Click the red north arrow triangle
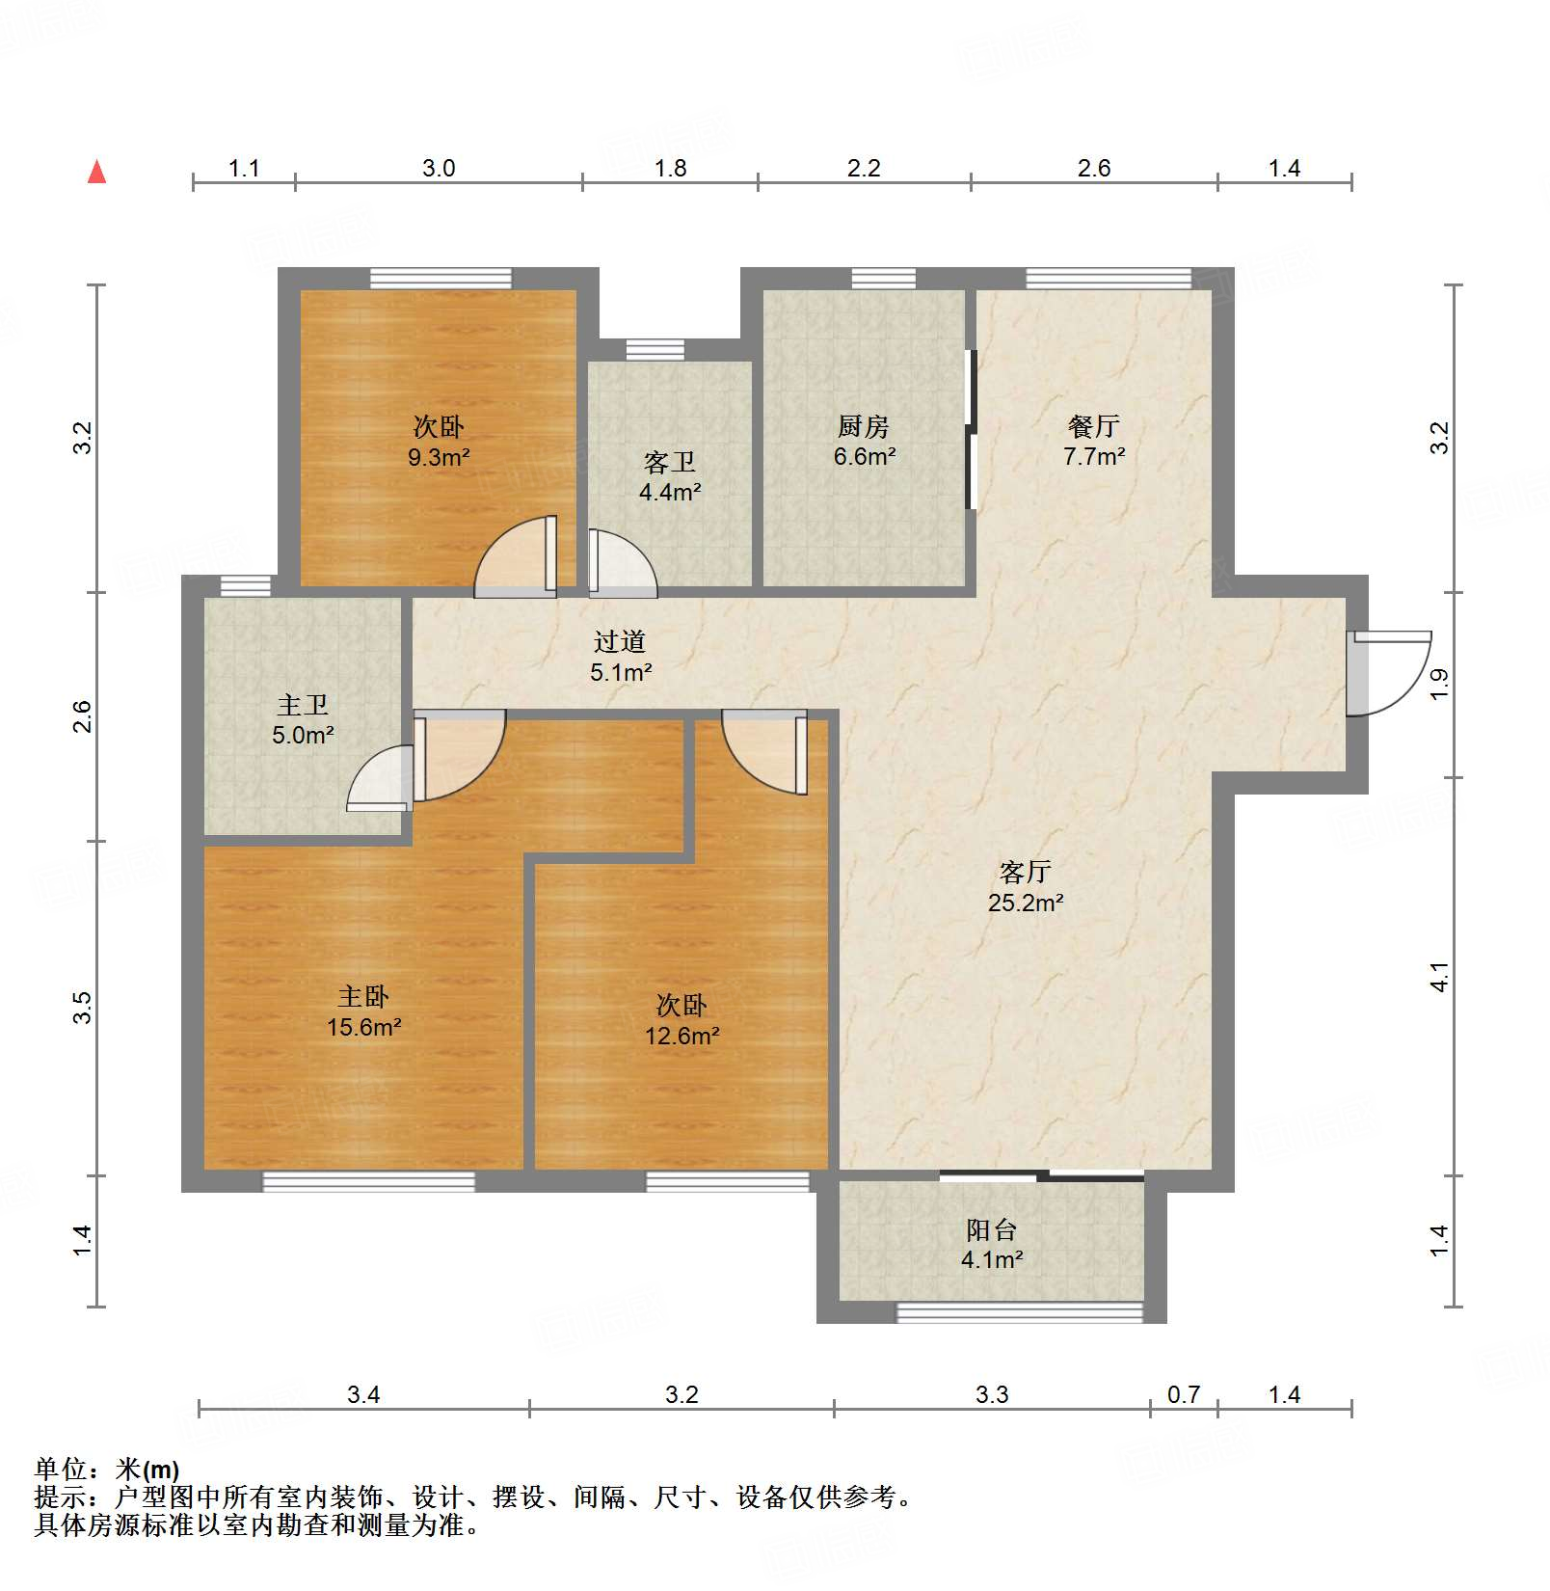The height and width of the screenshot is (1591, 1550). [x=96, y=173]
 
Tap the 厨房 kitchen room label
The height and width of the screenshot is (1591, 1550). [x=863, y=426]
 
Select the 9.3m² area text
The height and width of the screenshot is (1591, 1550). [x=439, y=457]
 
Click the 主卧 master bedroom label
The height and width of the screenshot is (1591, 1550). [x=363, y=996]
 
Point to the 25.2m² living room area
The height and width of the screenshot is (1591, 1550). [x=1025, y=903]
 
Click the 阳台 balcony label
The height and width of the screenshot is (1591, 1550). [x=991, y=1229]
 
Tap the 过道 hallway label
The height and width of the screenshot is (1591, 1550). [x=619, y=641]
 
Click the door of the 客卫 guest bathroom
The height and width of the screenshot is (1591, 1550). [x=622, y=564]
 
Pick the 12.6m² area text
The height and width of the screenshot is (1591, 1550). [x=681, y=1037]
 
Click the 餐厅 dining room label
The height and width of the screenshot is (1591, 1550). [x=1093, y=426]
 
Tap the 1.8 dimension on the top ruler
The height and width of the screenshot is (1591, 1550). [x=670, y=169]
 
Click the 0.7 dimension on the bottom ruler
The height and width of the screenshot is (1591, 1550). [x=1183, y=1394]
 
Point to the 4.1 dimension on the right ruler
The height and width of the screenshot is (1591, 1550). [x=1439, y=977]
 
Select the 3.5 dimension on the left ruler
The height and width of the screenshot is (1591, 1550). [x=84, y=1008]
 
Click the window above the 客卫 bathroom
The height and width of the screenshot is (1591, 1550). [x=655, y=349]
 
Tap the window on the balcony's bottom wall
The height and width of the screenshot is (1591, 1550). [x=1019, y=1311]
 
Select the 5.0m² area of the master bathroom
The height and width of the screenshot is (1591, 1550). [x=303, y=736]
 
